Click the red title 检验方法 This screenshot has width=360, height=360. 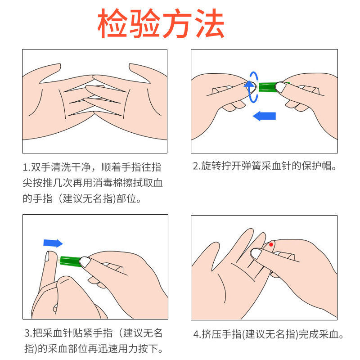point(161,23)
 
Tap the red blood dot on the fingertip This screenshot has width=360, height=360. point(271,244)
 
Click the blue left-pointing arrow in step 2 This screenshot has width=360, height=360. point(264,116)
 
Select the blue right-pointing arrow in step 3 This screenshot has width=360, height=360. point(53,243)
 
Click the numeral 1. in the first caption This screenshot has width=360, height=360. point(26,167)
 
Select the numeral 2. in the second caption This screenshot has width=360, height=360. point(196,166)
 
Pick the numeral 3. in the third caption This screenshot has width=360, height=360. point(27,334)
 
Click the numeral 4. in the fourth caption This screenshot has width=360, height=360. point(197,335)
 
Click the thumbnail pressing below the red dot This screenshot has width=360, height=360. point(256,254)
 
